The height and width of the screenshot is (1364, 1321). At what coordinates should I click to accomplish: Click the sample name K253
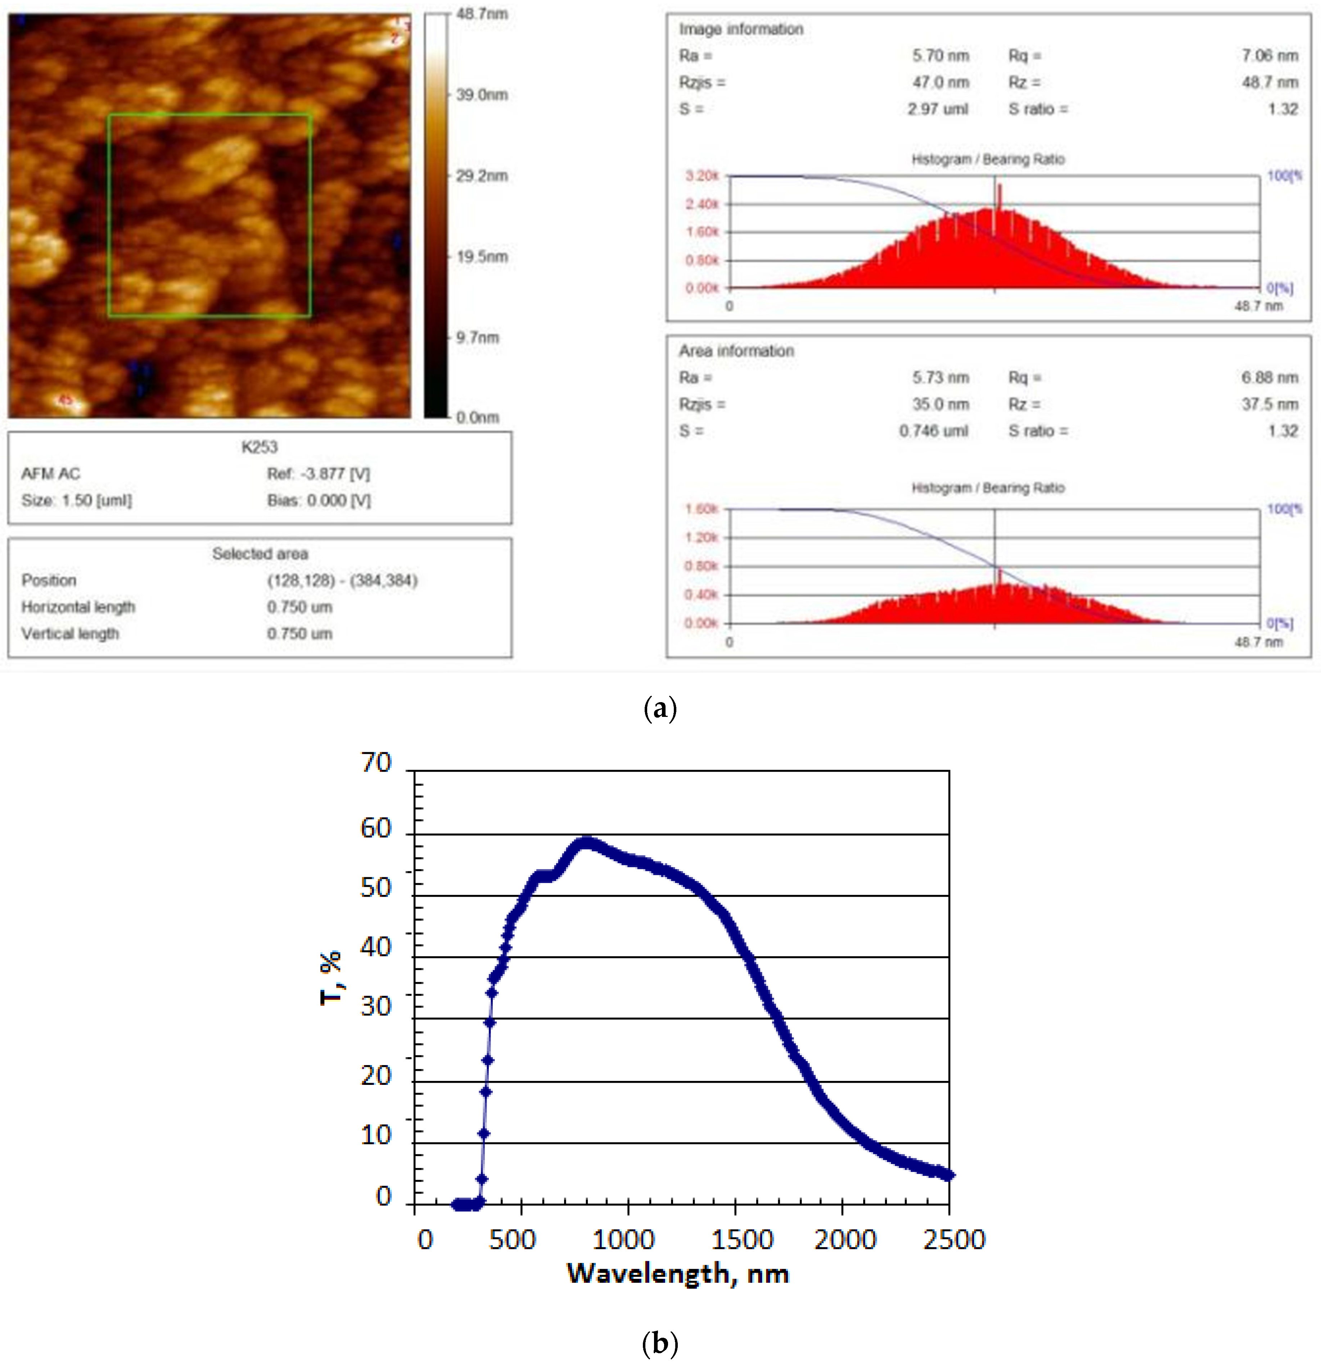(259, 447)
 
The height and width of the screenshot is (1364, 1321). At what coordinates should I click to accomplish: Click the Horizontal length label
(78, 607)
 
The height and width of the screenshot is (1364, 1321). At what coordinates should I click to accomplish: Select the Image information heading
(741, 29)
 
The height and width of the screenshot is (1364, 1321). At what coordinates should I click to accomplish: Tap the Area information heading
(736, 351)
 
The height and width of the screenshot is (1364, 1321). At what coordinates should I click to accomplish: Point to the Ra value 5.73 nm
(940, 377)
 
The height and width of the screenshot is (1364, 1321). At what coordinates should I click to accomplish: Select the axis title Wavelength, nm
(677, 1273)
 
